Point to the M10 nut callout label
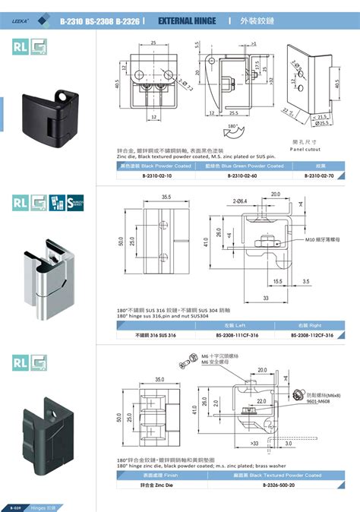321,239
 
